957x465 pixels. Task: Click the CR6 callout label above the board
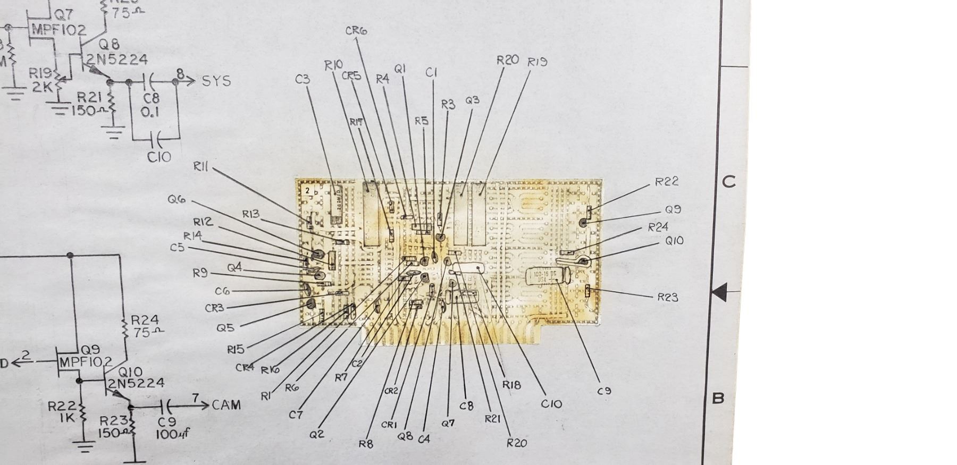356,31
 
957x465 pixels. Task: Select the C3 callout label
303,79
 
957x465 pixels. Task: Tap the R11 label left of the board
200,167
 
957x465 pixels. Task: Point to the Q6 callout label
177,199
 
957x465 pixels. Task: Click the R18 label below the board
511,385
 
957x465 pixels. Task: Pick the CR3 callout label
214,308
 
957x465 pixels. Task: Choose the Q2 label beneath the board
316,434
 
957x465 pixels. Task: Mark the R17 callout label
356,122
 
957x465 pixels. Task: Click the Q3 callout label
472,100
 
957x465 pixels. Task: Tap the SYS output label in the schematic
216,81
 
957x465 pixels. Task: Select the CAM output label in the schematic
226,405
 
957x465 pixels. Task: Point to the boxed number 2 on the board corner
307,189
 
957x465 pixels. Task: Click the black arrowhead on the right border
719,292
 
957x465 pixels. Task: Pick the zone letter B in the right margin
718,398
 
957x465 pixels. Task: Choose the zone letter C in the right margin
729,182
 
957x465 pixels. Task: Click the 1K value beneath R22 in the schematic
68,418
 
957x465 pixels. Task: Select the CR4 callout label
245,367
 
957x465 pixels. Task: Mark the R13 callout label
251,214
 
